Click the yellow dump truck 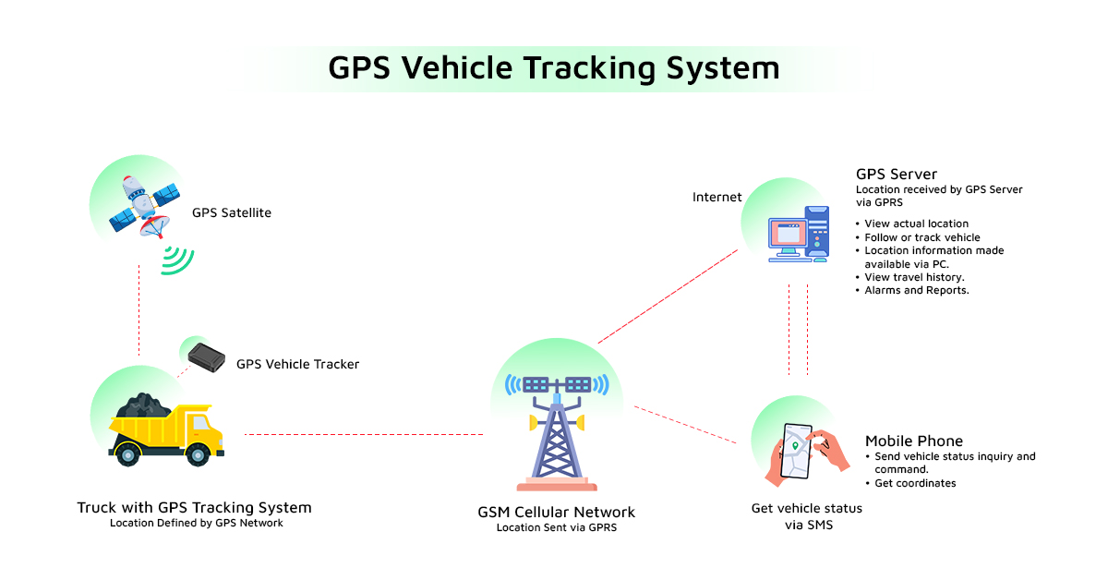(166, 429)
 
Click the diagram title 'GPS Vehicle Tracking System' (554, 68)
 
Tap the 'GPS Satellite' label (232, 212)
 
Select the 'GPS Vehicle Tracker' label (297, 364)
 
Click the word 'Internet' (717, 197)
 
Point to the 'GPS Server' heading (896, 174)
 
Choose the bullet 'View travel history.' (914, 277)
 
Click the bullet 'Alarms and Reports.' (916, 290)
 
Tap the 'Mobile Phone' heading (913, 441)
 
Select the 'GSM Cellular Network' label (556, 512)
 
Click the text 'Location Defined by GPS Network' (196, 523)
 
